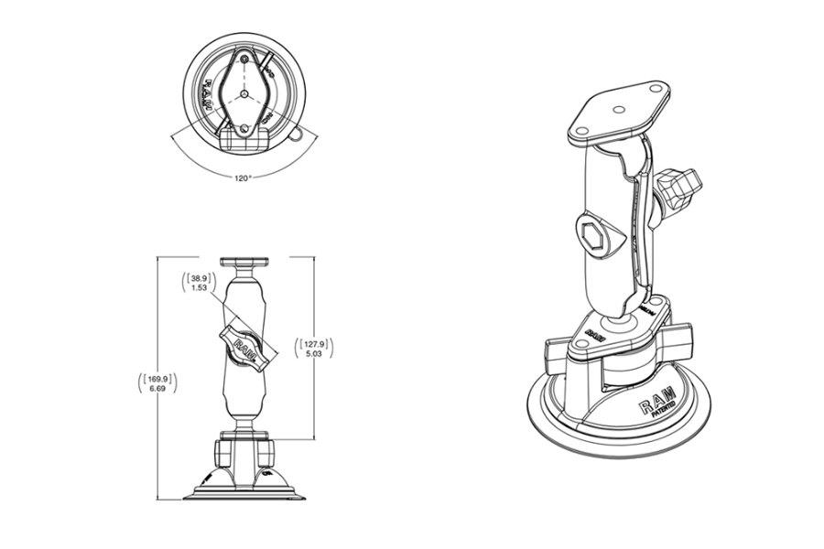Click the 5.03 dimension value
click(x=313, y=355)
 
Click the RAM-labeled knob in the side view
click(x=244, y=346)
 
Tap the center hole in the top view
click(x=244, y=94)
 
